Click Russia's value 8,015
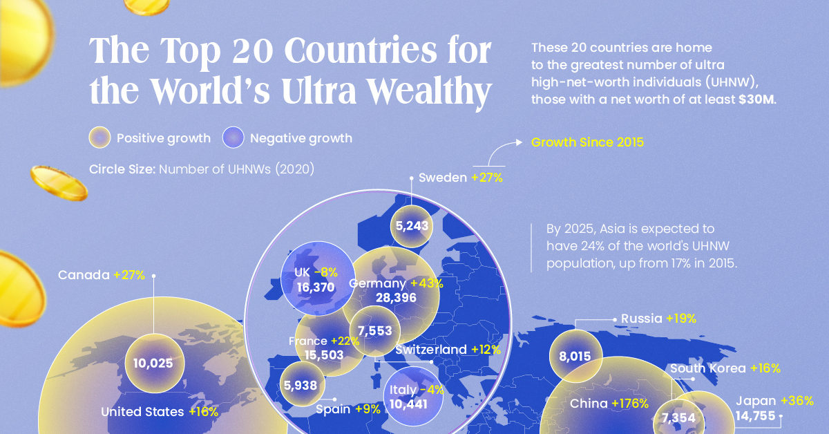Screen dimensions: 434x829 pyautogui.click(x=575, y=357)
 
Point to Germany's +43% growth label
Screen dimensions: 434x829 pyautogui.click(x=427, y=283)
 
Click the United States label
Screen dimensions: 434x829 pyautogui.click(x=142, y=412)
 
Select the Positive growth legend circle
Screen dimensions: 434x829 pyautogui.click(x=100, y=138)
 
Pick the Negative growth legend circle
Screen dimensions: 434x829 pyautogui.click(x=234, y=138)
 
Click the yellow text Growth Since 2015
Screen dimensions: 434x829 pyautogui.click(x=587, y=143)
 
